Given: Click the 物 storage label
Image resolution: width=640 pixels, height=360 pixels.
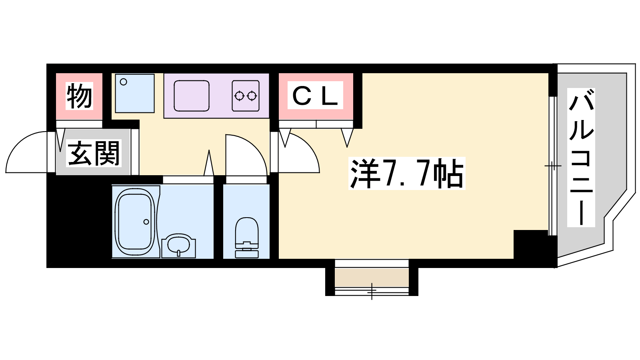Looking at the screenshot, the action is click(80, 96).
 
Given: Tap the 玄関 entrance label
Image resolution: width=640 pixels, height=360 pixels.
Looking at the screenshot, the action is click(94, 153).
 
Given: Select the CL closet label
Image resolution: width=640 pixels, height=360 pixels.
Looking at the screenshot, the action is click(315, 95).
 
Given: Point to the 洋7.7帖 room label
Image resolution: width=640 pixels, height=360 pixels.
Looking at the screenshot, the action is click(406, 174).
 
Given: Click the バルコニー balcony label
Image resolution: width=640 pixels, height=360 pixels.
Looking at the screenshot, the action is click(581, 158).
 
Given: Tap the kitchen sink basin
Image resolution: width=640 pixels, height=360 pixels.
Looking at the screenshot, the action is click(192, 96).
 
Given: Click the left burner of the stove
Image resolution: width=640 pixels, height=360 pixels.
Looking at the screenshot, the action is click(239, 96).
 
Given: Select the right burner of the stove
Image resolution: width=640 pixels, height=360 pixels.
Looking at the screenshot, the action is click(252, 96).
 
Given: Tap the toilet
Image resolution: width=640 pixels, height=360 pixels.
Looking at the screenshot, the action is click(246, 238).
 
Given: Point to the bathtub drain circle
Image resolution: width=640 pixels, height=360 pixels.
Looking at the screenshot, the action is click(146, 222).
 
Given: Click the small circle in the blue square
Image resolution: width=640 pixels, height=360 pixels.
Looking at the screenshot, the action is click(124, 82).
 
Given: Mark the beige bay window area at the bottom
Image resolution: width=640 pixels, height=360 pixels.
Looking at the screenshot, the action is click(372, 278).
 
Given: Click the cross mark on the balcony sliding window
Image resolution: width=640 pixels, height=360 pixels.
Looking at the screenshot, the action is click(553, 166).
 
